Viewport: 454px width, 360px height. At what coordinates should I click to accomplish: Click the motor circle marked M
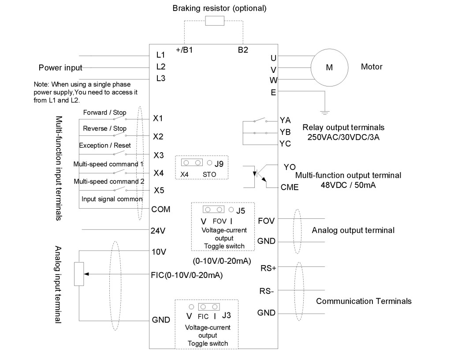(328, 67)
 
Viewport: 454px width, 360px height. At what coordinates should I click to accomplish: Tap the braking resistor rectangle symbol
(215, 22)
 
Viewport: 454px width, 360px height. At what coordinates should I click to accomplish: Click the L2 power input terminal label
(160, 67)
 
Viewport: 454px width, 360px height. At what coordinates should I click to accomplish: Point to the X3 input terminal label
(158, 155)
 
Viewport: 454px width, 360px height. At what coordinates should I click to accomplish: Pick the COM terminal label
(160, 209)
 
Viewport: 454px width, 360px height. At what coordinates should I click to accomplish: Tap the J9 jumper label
(219, 163)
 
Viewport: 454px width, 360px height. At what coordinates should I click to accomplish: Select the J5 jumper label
(240, 210)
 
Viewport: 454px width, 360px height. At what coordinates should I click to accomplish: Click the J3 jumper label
(227, 315)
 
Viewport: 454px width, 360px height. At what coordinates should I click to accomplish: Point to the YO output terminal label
(290, 167)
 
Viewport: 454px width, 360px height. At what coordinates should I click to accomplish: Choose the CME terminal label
(290, 187)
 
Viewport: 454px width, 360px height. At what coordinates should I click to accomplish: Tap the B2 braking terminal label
(243, 50)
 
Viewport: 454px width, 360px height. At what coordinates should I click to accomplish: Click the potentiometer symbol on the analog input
(79, 274)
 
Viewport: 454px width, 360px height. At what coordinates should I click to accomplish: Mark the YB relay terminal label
(285, 132)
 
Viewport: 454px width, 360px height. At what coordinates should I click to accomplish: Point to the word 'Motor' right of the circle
(371, 67)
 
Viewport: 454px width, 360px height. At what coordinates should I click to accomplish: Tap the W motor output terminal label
(273, 80)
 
